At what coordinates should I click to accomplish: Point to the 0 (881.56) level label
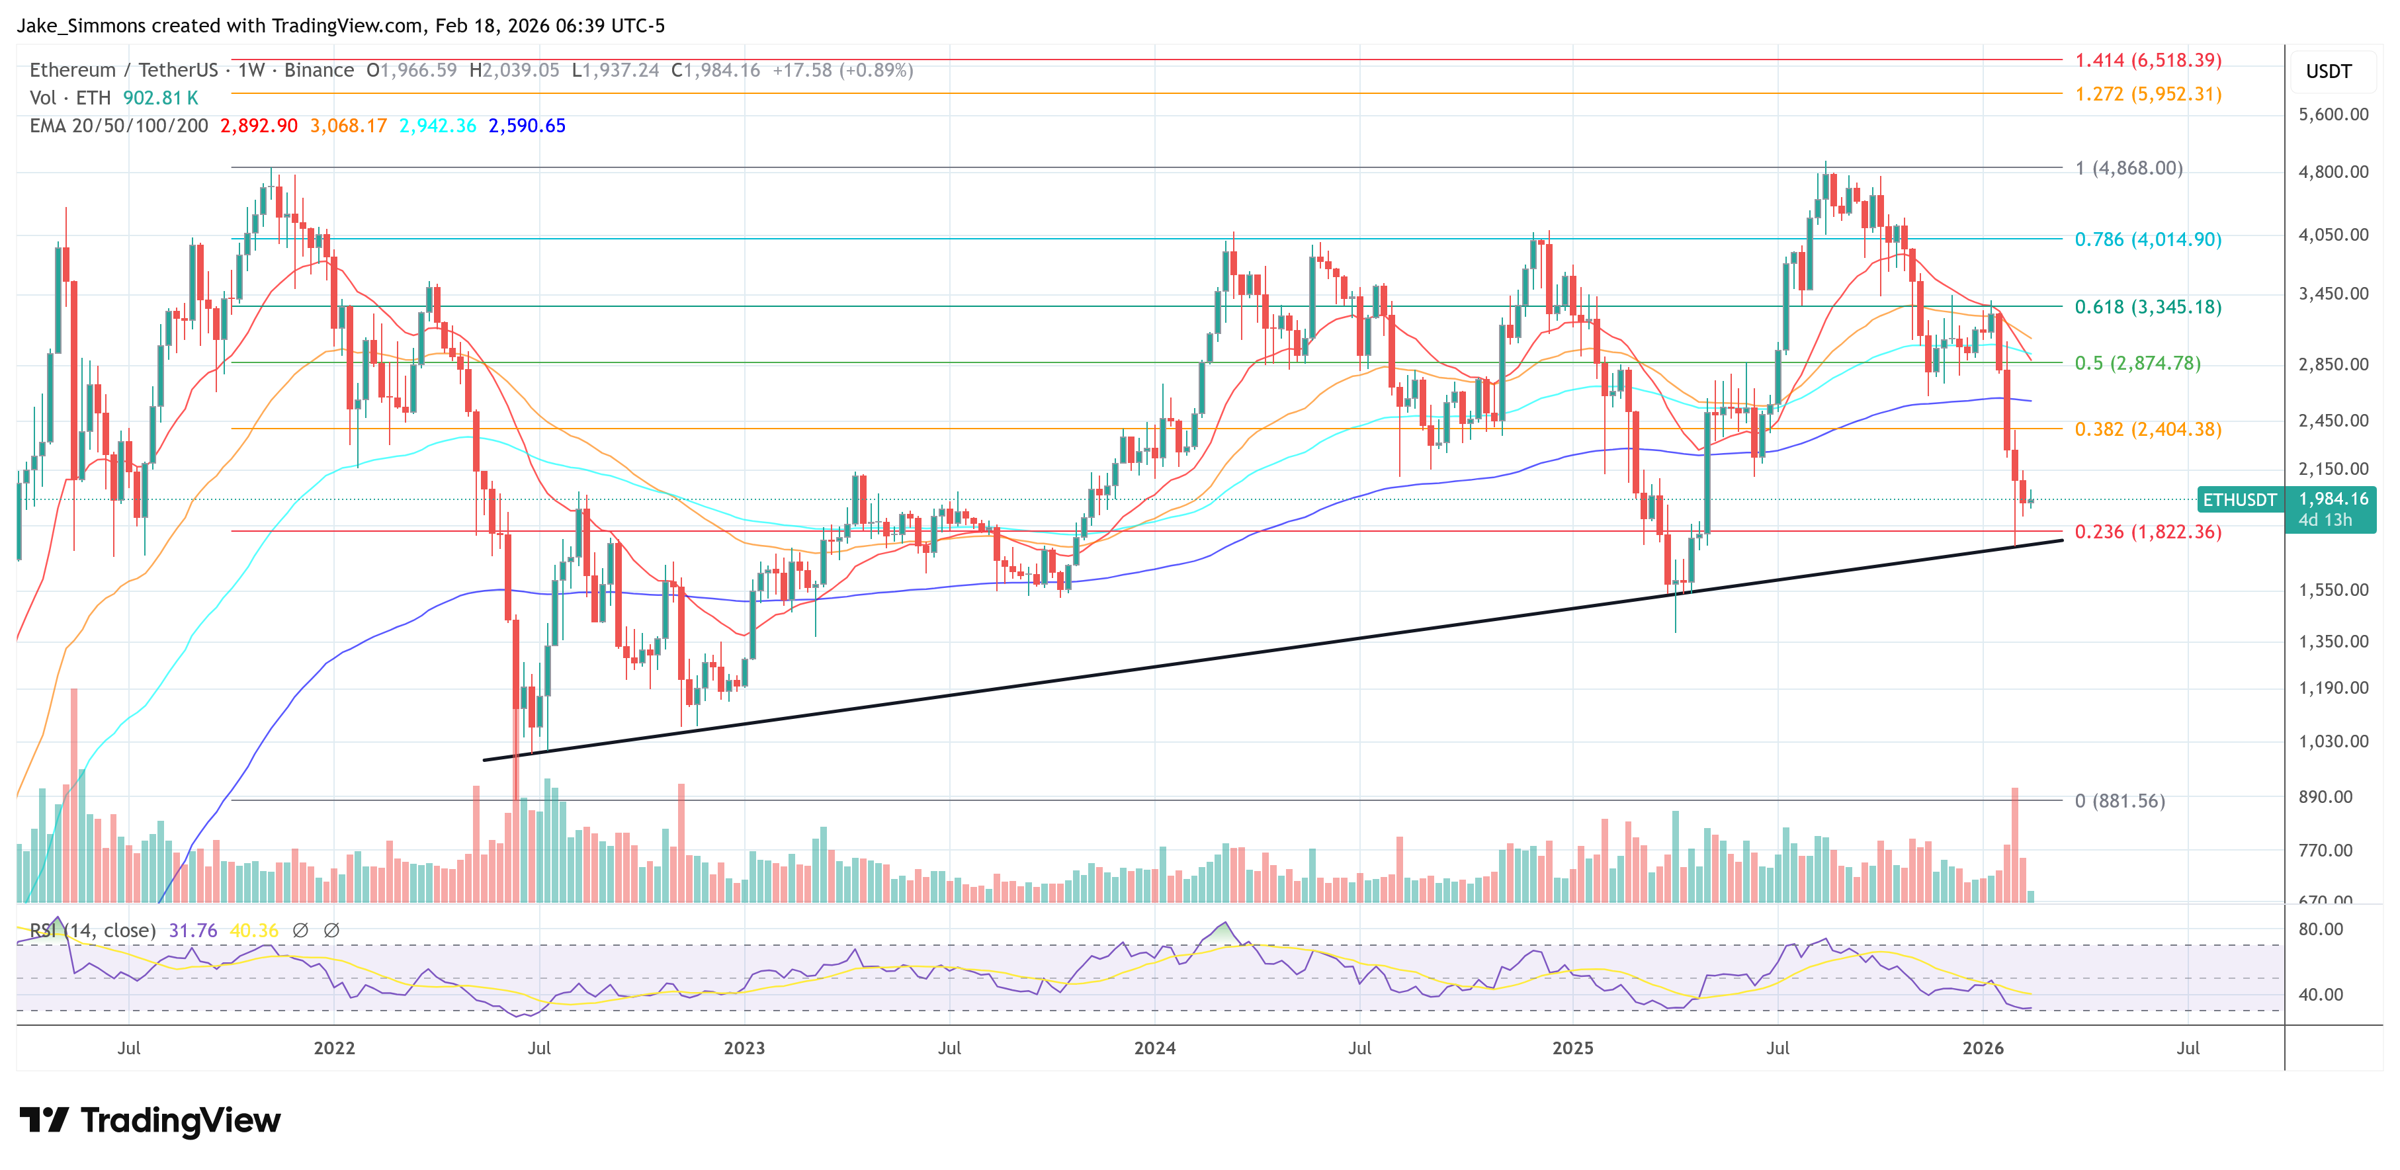pos(2120,801)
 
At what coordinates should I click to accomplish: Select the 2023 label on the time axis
pos(744,1048)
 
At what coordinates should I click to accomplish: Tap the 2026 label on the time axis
pos(1983,1048)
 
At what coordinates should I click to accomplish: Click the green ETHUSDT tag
pos(2239,500)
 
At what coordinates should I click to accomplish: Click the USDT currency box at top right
pos(2329,71)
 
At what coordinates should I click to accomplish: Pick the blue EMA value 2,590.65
pos(527,126)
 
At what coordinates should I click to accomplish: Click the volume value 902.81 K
pos(160,98)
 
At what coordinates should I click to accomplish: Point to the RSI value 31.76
pos(193,931)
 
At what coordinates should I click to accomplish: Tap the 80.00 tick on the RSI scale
pos(2320,929)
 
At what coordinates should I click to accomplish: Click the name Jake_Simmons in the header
pos(81,25)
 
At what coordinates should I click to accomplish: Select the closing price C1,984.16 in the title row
pos(716,70)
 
